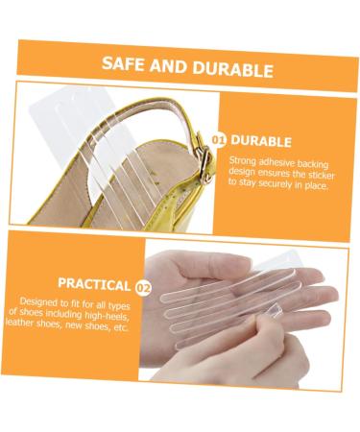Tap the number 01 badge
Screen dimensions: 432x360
(219, 140)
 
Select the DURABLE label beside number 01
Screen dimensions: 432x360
(262, 140)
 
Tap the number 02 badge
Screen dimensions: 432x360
(143, 286)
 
